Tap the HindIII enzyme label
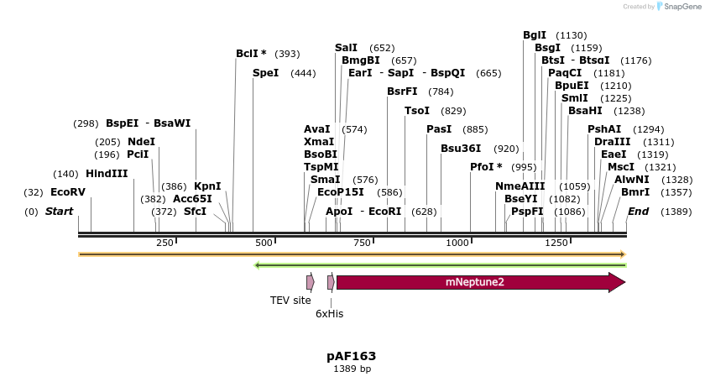click(107, 174)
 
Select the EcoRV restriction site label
click(67, 192)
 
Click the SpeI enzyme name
click(265, 73)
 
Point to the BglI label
click(534, 35)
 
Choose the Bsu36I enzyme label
click(461, 148)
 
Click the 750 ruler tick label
click(362, 243)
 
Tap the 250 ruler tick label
click(164, 243)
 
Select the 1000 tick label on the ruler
click(458, 243)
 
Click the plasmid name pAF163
click(352, 355)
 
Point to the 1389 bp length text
click(352, 369)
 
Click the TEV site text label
click(290, 300)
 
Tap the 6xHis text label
click(329, 313)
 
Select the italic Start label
click(59, 211)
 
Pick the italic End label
click(638, 211)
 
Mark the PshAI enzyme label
click(604, 129)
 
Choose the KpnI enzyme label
click(207, 186)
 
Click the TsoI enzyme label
click(417, 111)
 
